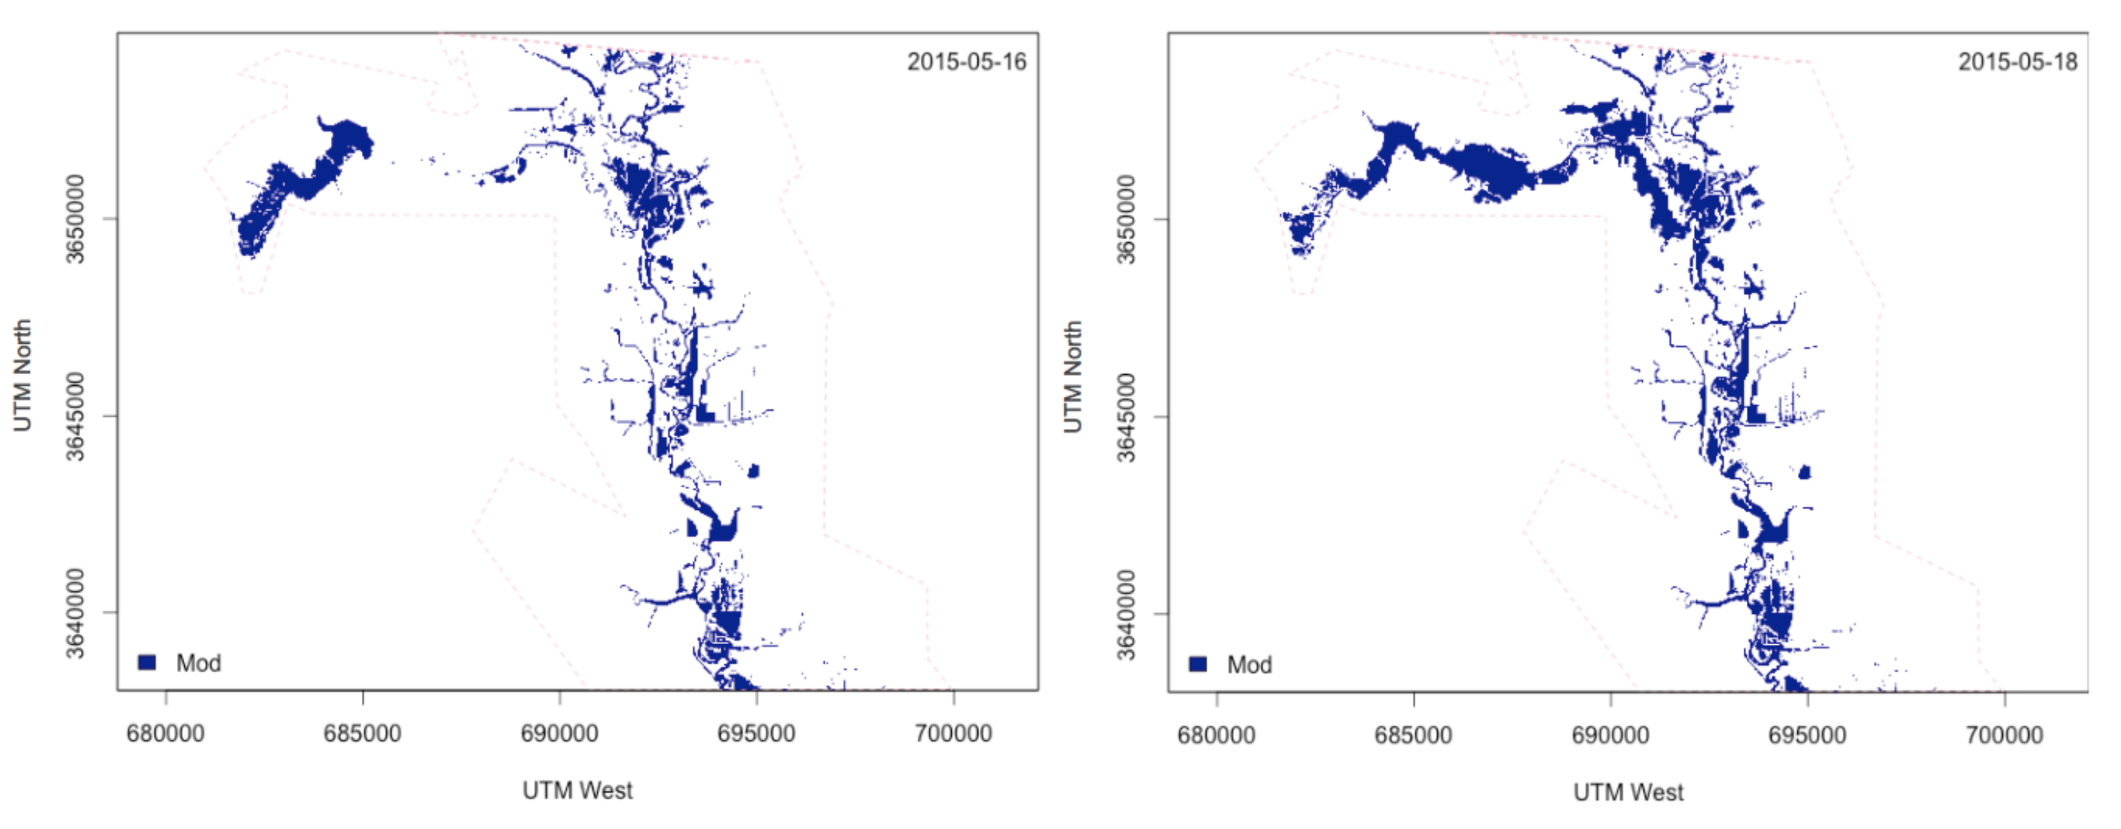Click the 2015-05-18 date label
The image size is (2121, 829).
pyautogui.click(x=2017, y=62)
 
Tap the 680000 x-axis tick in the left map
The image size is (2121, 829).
pyautogui.click(x=165, y=733)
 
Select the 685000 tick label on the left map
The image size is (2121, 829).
pyautogui.click(x=363, y=733)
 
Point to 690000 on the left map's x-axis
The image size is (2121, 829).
pyautogui.click(x=559, y=733)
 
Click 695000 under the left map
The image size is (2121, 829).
pyautogui.click(x=756, y=733)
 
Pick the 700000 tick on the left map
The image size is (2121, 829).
pyautogui.click(x=953, y=733)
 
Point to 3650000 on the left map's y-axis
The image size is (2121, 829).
pyautogui.click(x=75, y=219)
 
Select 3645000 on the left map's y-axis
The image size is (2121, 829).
pyautogui.click(x=75, y=415)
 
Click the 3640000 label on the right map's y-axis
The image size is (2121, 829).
pyautogui.click(x=1126, y=614)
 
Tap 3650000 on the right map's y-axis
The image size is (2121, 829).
pyautogui.click(x=1126, y=219)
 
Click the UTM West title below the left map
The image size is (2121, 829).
pyautogui.click(x=577, y=790)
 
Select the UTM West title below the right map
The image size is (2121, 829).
pyautogui.click(x=1628, y=792)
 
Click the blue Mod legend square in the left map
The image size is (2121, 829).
pyautogui.click(x=147, y=663)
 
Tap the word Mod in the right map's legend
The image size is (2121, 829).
pyautogui.click(x=1249, y=664)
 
